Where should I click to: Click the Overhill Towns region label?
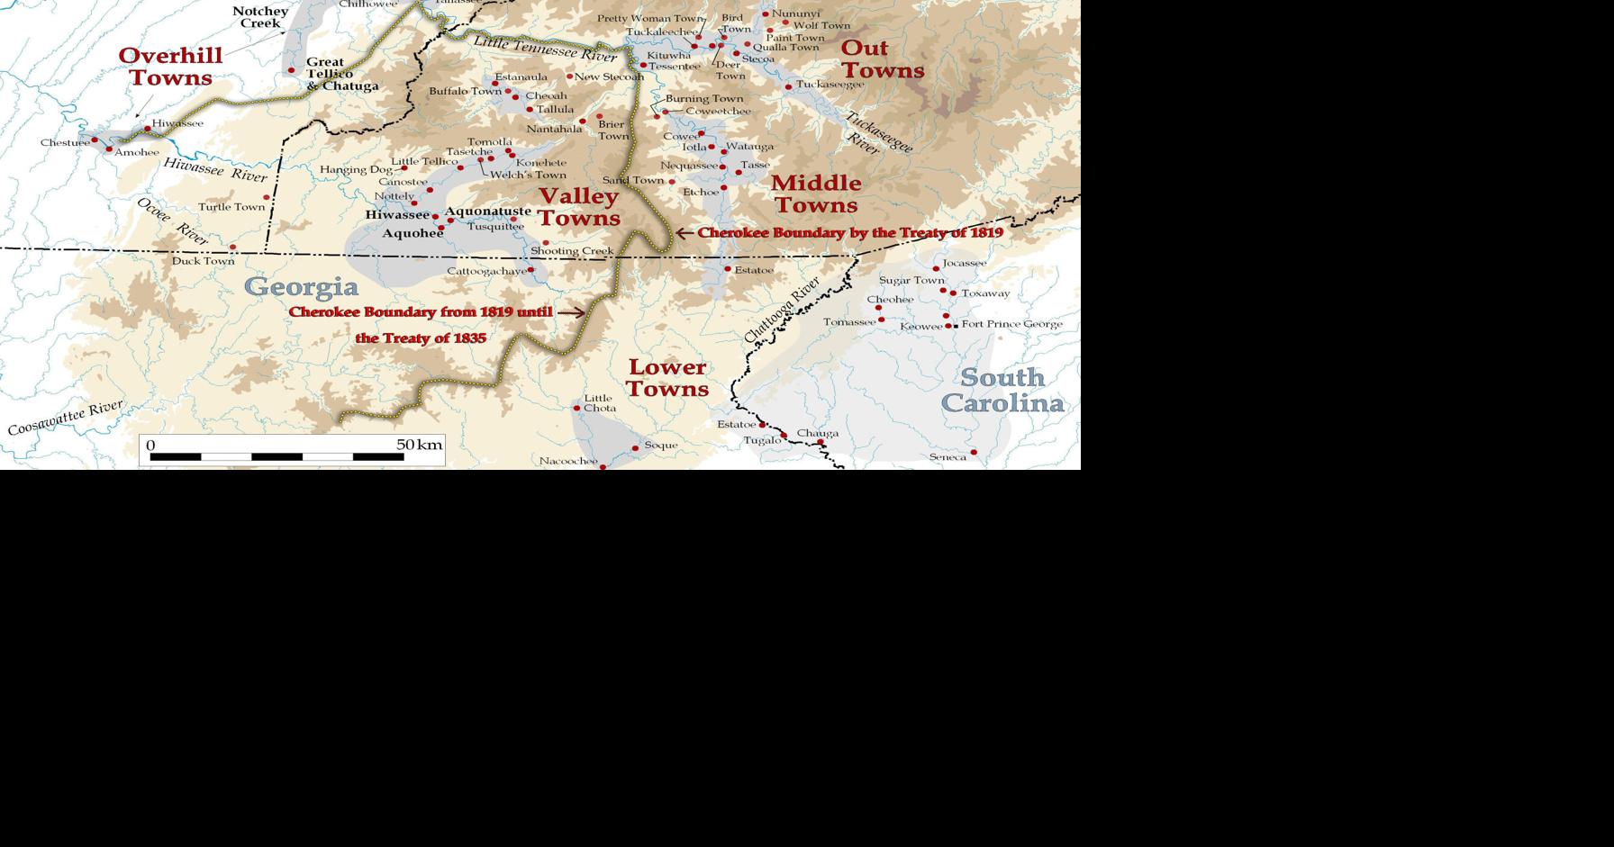(x=170, y=67)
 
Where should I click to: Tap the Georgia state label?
(x=301, y=287)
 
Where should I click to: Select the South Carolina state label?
(x=1002, y=390)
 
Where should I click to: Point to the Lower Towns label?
(x=666, y=378)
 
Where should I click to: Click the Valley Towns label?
(x=579, y=207)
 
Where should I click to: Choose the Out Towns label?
(x=882, y=59)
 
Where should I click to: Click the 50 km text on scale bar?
(x=420, y=445)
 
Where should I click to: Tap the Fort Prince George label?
(x=1011, y=324)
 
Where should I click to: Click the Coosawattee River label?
(x=65, y=419)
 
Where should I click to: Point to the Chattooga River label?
(x=782, y=310)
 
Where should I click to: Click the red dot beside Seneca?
(x=974, y=453)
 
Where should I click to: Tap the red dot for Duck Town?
(x=233, y=247)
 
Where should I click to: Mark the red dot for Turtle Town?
(x=267, y=197)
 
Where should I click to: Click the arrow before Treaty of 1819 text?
(x=685, y=232)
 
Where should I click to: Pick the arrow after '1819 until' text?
(x=571, y=312)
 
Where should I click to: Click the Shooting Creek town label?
(x=572, y=251)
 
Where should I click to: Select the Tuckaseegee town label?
(x=830, y=85)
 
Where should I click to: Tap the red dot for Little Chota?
(x=577, y=409)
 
